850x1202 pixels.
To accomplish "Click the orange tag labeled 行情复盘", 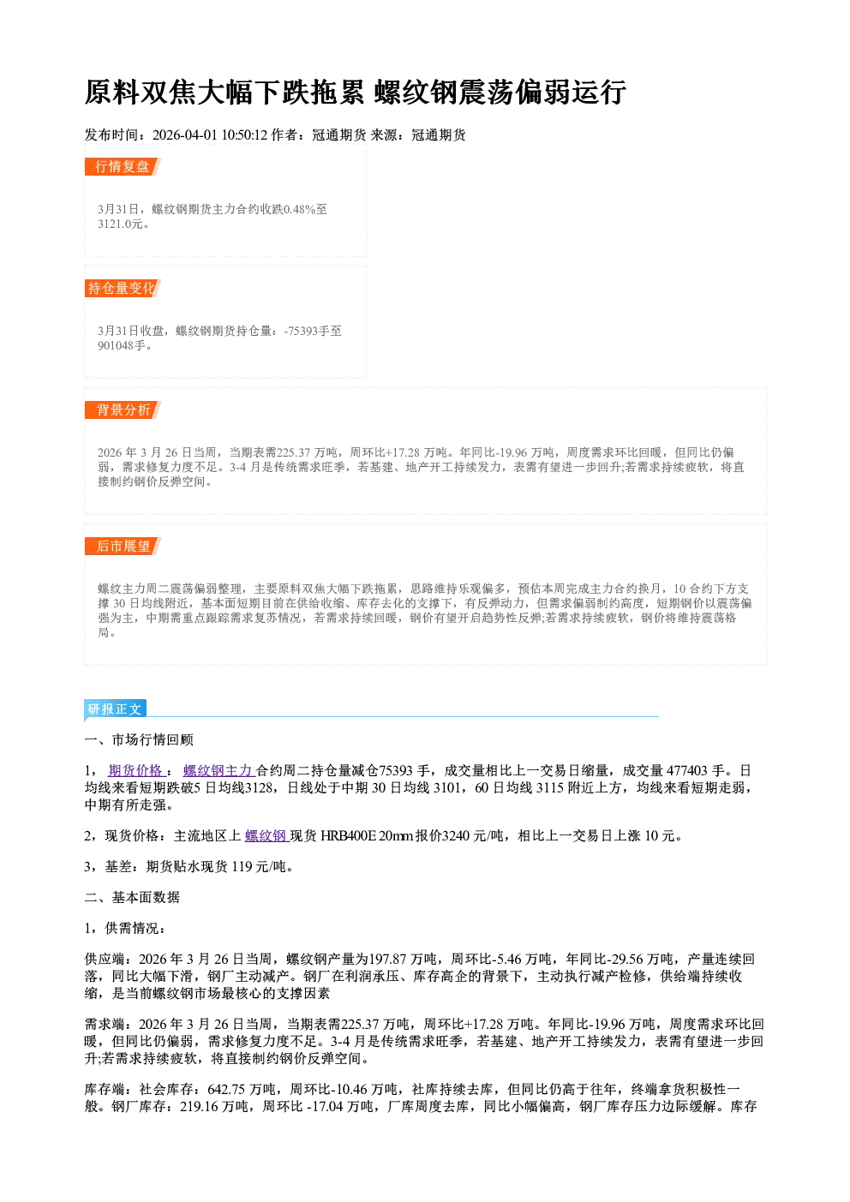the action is point(123,166).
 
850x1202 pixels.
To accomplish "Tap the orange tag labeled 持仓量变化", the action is point(123,288).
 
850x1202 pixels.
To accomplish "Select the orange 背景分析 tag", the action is point(123,410).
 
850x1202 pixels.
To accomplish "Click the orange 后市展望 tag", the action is point(123,547).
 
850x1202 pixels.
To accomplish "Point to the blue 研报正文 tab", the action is point(115,709).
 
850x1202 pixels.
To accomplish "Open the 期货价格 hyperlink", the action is point(135,770).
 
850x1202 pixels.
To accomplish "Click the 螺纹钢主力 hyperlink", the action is point(218,770).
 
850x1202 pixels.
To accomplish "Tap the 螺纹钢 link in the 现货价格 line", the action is point(266,835).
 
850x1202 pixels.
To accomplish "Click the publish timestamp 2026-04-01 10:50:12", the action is point(210,135).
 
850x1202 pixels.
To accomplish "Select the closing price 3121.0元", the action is point(120,224).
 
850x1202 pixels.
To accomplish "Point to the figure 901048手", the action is point(122,345).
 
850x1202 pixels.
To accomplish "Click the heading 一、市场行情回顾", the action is point(139,739).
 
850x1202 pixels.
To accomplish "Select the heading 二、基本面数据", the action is point(132,897).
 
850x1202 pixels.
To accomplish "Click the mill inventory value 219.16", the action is point(199,1107).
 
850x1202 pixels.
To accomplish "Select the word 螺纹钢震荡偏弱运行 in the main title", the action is point(500,92).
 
